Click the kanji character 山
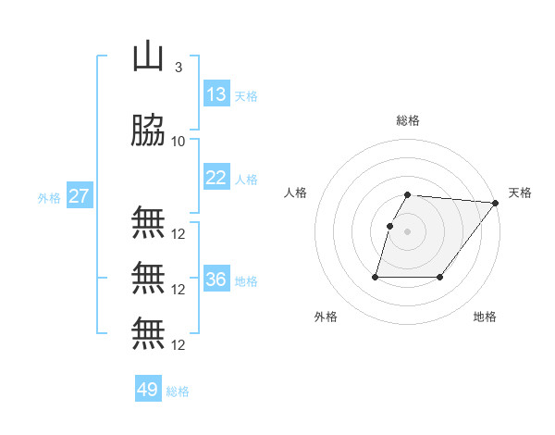[x=147, y=57]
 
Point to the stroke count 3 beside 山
[x=178, y=68]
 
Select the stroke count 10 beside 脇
[x=178, y=142]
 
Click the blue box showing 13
[x=216, y=94]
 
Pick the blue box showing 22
[x=216, y=178]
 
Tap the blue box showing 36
[x=216, y=280]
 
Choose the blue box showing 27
[x=79, y=196]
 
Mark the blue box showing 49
[x=148, y=391]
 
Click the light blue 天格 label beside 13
[x=246, y=95]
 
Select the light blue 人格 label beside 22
[x=246, y=179]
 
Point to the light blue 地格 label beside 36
[x=246, y=280]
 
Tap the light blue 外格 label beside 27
[x=49, y=197]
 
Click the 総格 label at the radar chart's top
[x=408, y=120]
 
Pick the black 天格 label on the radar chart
[x=520, y=193]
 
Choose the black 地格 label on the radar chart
[x=485, y=317]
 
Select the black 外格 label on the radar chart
[x=326, y=317]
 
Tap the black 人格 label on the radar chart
[x=296, y=193]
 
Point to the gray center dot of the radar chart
[x=408, y=231]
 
